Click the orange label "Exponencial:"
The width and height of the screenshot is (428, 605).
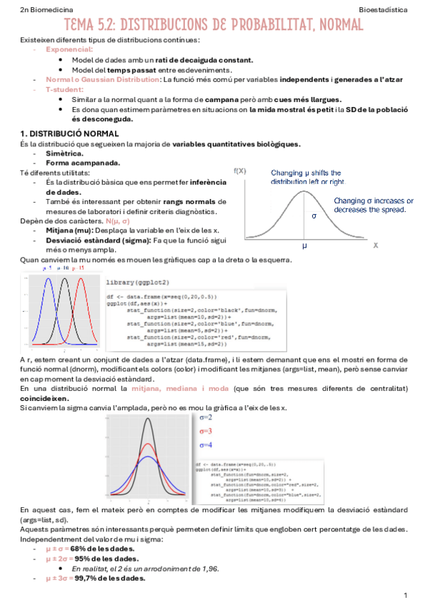pos(69,49)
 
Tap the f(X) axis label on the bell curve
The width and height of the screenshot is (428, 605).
pos(240,171)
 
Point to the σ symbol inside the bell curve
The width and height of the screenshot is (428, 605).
pos(313,215)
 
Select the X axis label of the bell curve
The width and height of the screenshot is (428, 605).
pos(375,245)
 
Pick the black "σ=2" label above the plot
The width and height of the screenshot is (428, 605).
pos(206,417)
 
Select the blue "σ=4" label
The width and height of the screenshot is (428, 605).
pos(206,445)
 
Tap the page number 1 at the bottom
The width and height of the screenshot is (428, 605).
pos(405,595)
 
